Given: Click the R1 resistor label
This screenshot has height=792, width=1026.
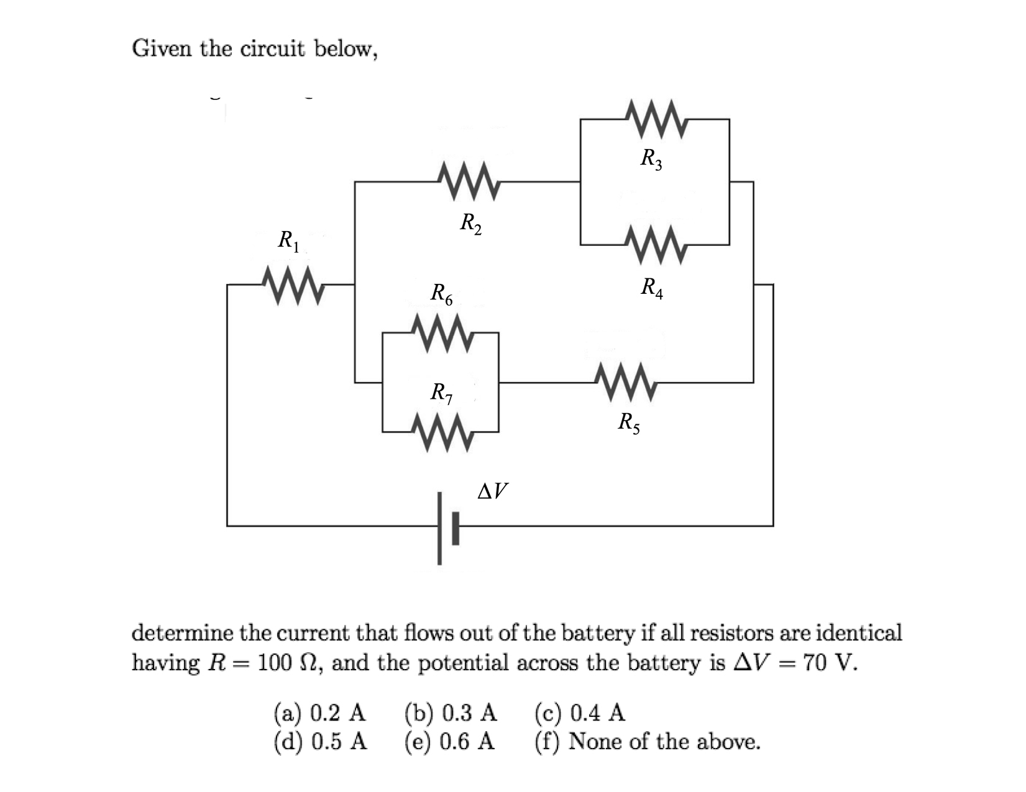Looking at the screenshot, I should point(288,240).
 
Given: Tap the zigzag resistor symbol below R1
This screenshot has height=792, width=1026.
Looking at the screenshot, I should point(291,286).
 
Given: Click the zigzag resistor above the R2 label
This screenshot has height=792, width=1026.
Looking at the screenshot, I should point(470,182).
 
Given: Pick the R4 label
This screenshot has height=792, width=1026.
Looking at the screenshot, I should point(652,288).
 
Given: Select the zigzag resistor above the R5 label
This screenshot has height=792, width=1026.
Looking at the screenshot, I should point(625,383).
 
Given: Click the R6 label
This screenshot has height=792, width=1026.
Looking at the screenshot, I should point(442,294).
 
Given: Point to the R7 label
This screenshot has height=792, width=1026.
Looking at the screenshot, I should point(442,393).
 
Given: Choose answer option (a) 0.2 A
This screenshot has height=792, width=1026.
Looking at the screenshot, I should point(320,712).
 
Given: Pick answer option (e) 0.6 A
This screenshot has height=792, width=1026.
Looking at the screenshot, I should point(450,741).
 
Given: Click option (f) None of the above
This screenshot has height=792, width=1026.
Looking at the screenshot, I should point(647,741).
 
